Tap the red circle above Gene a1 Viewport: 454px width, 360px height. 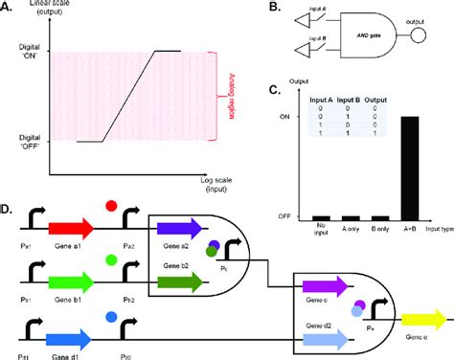(x=111, y=207)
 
